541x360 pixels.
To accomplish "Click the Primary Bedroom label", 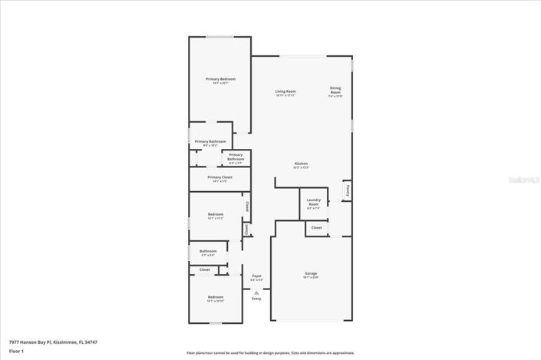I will pos(220,79).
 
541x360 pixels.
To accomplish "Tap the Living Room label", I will pos(285,91).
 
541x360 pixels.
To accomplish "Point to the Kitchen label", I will pos(302,163).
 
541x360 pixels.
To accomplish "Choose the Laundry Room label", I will pos(313,202).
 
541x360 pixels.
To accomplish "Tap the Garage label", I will pos(311,273).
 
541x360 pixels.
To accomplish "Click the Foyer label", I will pos(256,276).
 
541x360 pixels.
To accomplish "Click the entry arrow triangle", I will pos(256,292).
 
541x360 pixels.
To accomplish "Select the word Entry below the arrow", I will pos(256,299).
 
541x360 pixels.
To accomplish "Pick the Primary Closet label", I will pos(220,177).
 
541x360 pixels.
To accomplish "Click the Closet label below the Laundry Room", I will pos(316,228).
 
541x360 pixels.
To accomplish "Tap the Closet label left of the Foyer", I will pos(205,269).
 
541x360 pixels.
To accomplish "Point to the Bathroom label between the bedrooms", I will pos(209,251).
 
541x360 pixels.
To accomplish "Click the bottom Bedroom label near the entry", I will pos(216,297).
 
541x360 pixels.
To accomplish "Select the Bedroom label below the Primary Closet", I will pos(216,214).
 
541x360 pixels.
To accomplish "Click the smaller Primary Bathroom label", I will pos(236,157).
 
